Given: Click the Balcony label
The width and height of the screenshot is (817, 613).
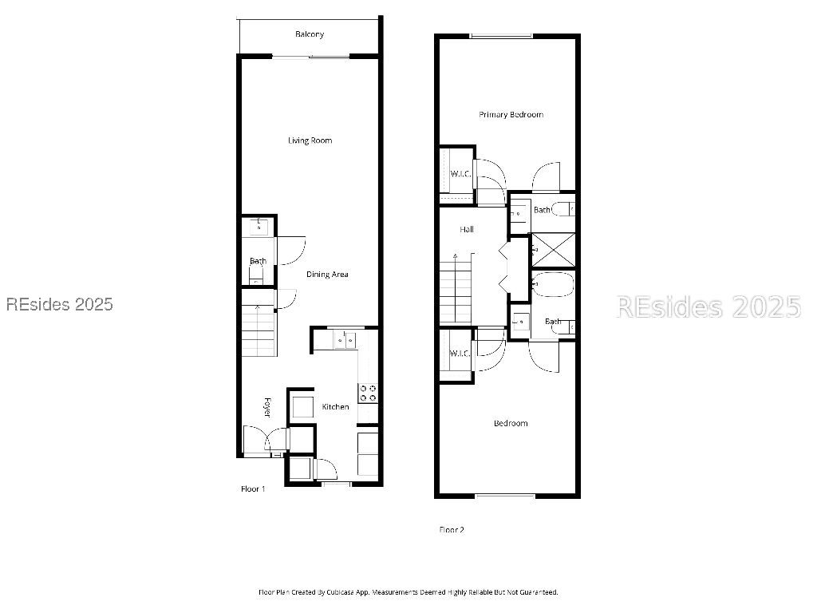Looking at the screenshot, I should click(x=310, y=34).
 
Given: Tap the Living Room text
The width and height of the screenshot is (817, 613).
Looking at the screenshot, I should click(x=310, y=140).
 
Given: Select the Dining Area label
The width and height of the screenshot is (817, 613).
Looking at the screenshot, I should click(x=327, y=275).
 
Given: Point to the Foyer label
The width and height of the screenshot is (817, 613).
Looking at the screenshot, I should click(x=268, y=407).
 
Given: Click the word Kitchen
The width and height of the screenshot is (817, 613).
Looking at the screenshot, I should click(x=335, y=407).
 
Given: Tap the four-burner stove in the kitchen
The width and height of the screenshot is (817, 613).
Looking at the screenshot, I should click(x=369, y=392).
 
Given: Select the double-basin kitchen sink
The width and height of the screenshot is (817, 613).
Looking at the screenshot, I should click(x=345, y=341).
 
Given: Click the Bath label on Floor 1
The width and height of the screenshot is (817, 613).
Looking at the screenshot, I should click(x=258, y=261).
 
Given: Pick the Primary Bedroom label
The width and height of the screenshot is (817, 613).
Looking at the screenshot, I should click(x=511, y=115).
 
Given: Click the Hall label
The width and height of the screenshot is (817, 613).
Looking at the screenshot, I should click(x=467, y=230).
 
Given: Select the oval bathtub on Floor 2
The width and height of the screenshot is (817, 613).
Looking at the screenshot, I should click(x=551, y=283).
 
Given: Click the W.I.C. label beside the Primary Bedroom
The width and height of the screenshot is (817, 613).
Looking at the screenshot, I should click(x=460, y=173).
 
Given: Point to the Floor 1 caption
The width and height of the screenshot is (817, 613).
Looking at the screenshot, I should click(x=253, y=488).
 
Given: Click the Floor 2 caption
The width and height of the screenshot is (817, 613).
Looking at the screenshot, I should click(x=452, y=529).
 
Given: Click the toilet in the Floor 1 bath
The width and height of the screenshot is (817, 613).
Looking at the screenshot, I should click(x=255, y=275).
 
